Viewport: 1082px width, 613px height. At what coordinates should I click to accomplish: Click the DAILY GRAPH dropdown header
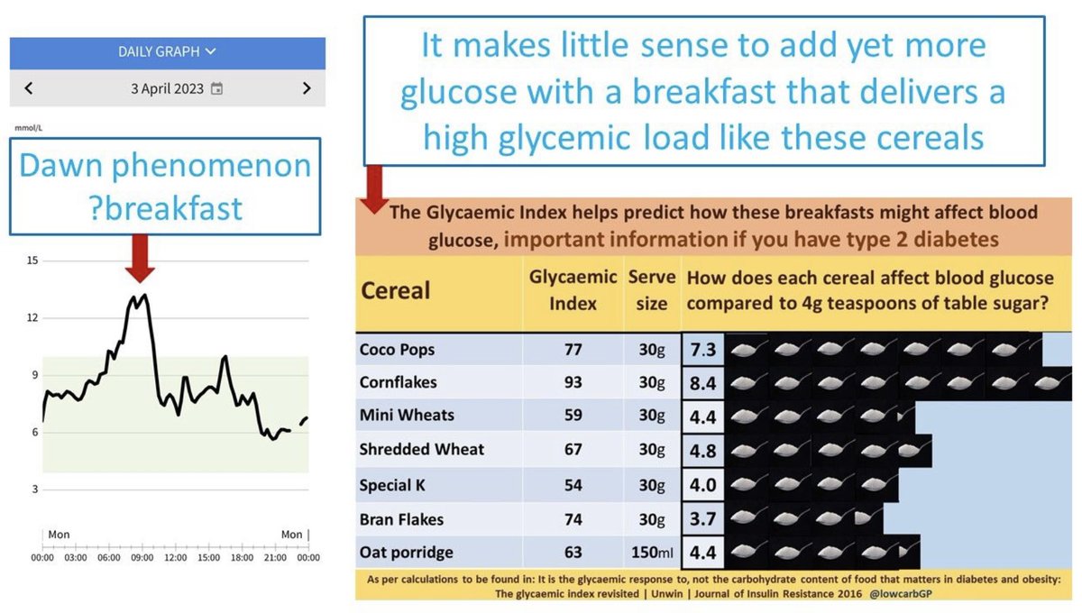[167, 52]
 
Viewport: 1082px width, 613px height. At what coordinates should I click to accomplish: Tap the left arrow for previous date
[29, 88]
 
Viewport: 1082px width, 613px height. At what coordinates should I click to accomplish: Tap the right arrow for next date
[307, 88]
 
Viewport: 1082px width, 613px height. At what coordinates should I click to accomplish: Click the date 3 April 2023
[167, 89]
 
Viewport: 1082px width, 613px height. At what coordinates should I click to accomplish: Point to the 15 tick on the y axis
[32, 261]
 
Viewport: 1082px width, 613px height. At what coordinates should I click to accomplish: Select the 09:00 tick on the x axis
[142, 558]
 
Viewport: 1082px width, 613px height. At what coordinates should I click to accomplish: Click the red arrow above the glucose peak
[141, 259]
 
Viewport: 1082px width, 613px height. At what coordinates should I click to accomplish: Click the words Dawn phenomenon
[166, 166]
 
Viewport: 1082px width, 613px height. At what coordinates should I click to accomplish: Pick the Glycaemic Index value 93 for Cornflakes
[573, 382]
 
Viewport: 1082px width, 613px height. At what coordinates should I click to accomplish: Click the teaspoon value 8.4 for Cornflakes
[702, 383]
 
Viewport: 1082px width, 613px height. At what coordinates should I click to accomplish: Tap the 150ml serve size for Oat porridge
[647, 553]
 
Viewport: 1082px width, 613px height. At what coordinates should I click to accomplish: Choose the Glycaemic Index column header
[573, 289]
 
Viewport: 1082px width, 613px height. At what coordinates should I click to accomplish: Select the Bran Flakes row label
[401, 519]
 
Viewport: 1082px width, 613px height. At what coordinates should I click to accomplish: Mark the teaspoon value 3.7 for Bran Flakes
[702, 518]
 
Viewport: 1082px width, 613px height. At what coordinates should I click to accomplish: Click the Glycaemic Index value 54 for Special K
[573, 485]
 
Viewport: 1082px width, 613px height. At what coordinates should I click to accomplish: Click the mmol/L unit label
[28, 127]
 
